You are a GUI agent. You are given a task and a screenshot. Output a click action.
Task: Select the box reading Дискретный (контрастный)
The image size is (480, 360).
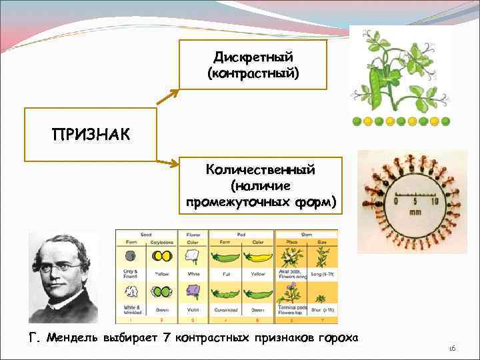(x=253, y=65)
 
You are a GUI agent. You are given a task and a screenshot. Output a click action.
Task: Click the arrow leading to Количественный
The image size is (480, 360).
(x=167, y=161)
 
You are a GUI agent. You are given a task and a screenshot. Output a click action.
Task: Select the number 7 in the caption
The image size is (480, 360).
(x=165, y=338)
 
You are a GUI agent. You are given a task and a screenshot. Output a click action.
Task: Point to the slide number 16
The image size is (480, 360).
(x=451, y=349)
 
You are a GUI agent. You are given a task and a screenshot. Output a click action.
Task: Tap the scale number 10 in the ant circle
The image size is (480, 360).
(x=434, y=201)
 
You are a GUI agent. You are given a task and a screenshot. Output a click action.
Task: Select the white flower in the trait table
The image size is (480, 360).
(x=193, y=256)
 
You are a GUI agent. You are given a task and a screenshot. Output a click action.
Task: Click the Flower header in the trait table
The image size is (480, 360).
(x=193, y=233)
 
